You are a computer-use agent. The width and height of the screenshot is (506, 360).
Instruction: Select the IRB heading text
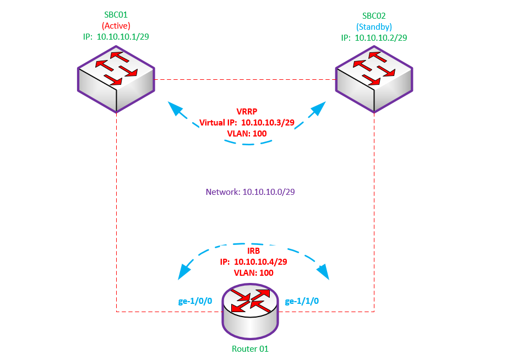[x=254, y=251]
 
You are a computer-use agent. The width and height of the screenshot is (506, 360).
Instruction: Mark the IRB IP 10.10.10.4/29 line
[x=254, y=261]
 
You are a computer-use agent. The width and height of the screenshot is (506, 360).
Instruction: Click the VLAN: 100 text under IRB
[x=254, y=272]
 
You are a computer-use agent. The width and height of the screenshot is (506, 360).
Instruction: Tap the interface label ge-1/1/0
[x=302, y=301]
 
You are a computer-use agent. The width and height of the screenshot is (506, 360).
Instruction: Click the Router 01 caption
[x=251, y=348]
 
